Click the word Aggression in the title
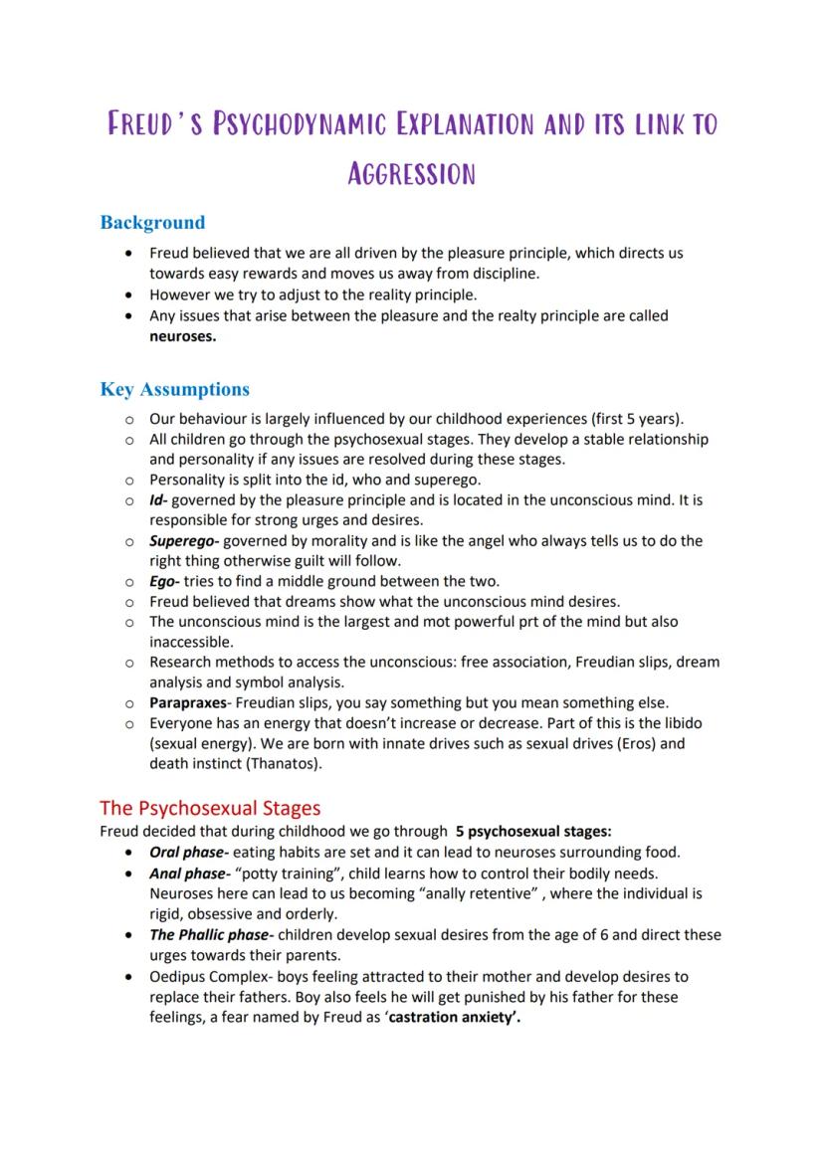click(x=411, y=174)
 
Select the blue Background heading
click(x=152, y=223)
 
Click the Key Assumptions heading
click(x=174, y=389)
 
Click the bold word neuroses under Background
click(x=182, y=336)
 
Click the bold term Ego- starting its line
click(x=164, y=581)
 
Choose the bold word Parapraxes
click(x=188, y=702)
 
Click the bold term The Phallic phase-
click(x=210, y=934)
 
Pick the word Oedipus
click(x=180, y=976)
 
